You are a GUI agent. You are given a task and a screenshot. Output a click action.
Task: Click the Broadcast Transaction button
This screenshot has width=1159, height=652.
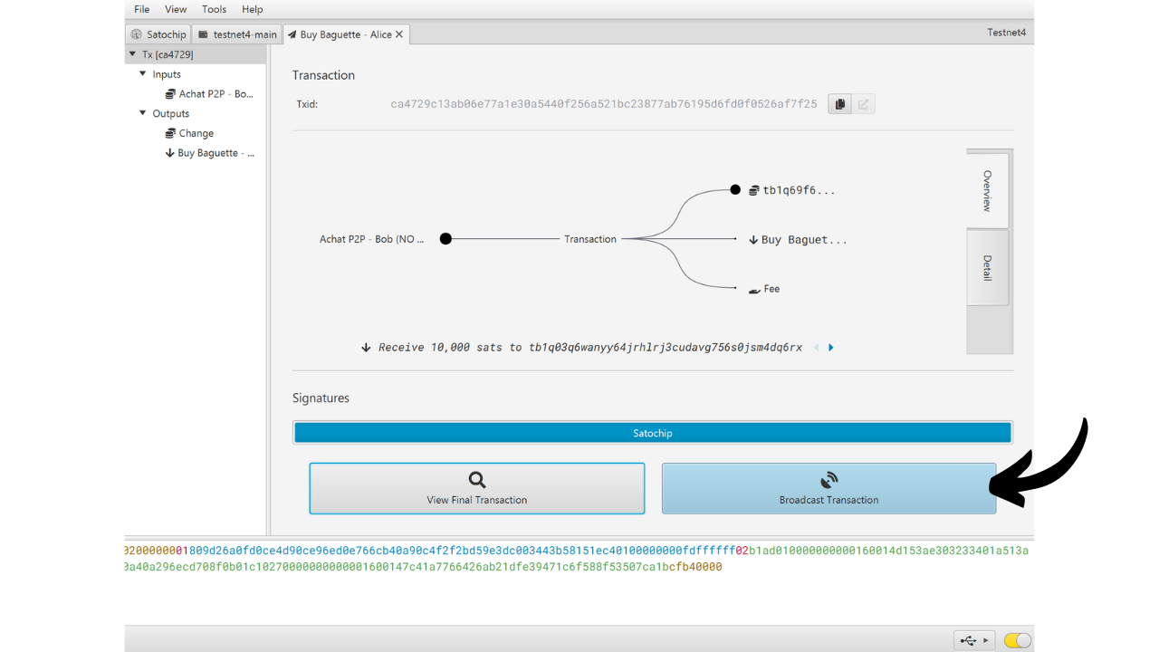829,488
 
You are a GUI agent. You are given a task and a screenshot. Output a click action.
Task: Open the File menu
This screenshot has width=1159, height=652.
142,9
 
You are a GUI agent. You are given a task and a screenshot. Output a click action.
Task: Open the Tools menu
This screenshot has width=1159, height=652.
214,9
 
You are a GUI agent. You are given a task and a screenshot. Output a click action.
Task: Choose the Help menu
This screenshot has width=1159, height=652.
252,9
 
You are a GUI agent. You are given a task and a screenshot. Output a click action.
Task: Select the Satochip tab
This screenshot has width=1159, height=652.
158,34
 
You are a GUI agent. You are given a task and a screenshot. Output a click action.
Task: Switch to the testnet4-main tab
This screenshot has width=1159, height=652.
237,34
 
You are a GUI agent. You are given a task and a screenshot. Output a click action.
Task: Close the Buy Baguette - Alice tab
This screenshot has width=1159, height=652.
399,34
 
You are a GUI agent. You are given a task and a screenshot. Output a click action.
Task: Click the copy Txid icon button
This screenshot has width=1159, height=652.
839,104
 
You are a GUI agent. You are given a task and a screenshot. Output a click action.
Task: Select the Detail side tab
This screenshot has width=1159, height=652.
987,267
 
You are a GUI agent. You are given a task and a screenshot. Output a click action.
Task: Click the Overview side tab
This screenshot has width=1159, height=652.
987,190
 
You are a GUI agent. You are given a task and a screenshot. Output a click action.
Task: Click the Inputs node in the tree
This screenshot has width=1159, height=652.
166,74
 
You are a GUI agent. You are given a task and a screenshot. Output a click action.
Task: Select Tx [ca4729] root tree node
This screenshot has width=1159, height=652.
168,54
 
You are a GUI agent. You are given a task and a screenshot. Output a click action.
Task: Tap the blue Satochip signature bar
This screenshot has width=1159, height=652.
653,433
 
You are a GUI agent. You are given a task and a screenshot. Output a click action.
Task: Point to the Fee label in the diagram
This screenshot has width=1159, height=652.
771,289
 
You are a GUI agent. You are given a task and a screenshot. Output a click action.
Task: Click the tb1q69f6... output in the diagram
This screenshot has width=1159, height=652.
799,190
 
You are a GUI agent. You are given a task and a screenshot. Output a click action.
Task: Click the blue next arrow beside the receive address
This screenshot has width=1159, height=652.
831,347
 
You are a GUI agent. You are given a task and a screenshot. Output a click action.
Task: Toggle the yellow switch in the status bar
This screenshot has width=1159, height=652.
1017,640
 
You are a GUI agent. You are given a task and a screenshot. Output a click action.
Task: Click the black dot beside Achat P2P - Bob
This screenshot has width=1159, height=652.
445,238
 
